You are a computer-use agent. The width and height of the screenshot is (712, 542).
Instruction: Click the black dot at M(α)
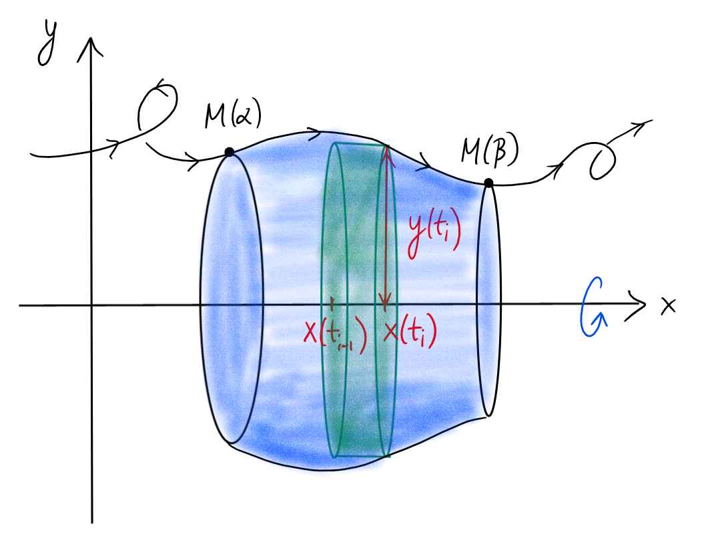[x=230, y=152]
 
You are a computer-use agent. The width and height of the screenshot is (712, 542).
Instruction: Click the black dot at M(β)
[x=488, y=183]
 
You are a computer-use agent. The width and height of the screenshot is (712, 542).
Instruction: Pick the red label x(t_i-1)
[x=336, y=334]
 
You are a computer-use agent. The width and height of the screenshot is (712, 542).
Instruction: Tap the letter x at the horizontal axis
[x=668, y=305]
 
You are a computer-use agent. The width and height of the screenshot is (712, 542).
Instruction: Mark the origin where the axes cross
[x=91, y=305]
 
